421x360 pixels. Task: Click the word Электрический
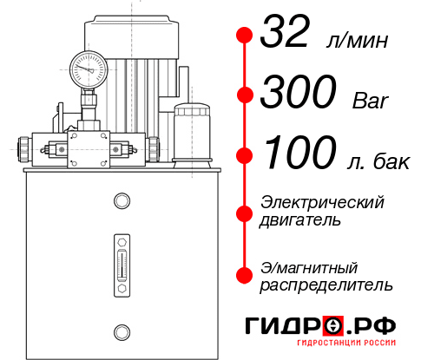click(322, 202)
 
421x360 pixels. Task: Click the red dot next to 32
click(245, 36)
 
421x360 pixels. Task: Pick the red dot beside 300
click(245, 95)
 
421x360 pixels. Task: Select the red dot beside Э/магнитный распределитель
click(245, 275)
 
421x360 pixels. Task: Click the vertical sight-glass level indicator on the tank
click(121, 260)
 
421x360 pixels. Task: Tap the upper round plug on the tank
click(121, 201)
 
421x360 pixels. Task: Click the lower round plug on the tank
click(121, 330)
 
